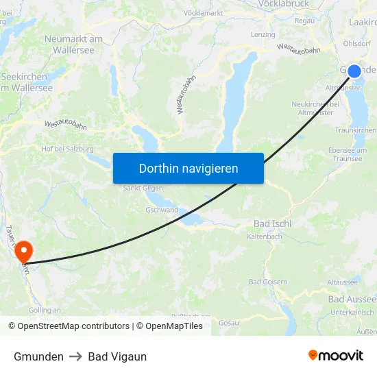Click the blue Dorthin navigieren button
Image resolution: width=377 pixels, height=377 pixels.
tap(188, 168)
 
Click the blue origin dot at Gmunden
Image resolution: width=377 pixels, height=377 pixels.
tap(354, 71)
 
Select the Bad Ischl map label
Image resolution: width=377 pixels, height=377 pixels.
tap(272, 223)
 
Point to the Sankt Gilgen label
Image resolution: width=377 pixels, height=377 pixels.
tap(143, 188)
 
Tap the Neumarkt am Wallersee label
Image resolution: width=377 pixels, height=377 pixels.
tap(74, 44)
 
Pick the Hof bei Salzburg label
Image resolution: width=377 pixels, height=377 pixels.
tap(67, 149)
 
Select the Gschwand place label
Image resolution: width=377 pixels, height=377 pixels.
tap(161, 210)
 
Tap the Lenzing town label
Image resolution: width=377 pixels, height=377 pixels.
tap(263, 34)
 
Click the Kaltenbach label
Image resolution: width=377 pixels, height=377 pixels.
tap(265, 236)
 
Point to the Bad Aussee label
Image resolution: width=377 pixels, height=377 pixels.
tap(352, 300)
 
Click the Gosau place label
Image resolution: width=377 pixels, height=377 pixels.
tap(228, 322)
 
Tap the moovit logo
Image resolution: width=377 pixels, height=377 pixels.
tap(336, 355)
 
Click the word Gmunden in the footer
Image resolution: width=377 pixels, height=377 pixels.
tap(38, 356)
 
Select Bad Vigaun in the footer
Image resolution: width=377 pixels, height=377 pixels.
tap(117, 356)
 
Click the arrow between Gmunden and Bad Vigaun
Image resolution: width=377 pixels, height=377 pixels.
tap(76, 356)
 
